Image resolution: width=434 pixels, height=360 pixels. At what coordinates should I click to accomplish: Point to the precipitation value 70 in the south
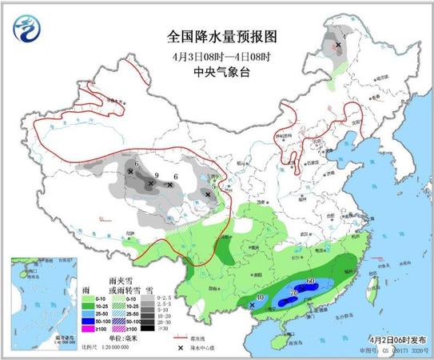(x=295, y=294)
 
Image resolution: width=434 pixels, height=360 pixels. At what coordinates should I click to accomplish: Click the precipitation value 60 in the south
(x=310, y=282)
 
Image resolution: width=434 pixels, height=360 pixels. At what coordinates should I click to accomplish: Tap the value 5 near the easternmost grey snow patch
(x=213, y=185)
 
